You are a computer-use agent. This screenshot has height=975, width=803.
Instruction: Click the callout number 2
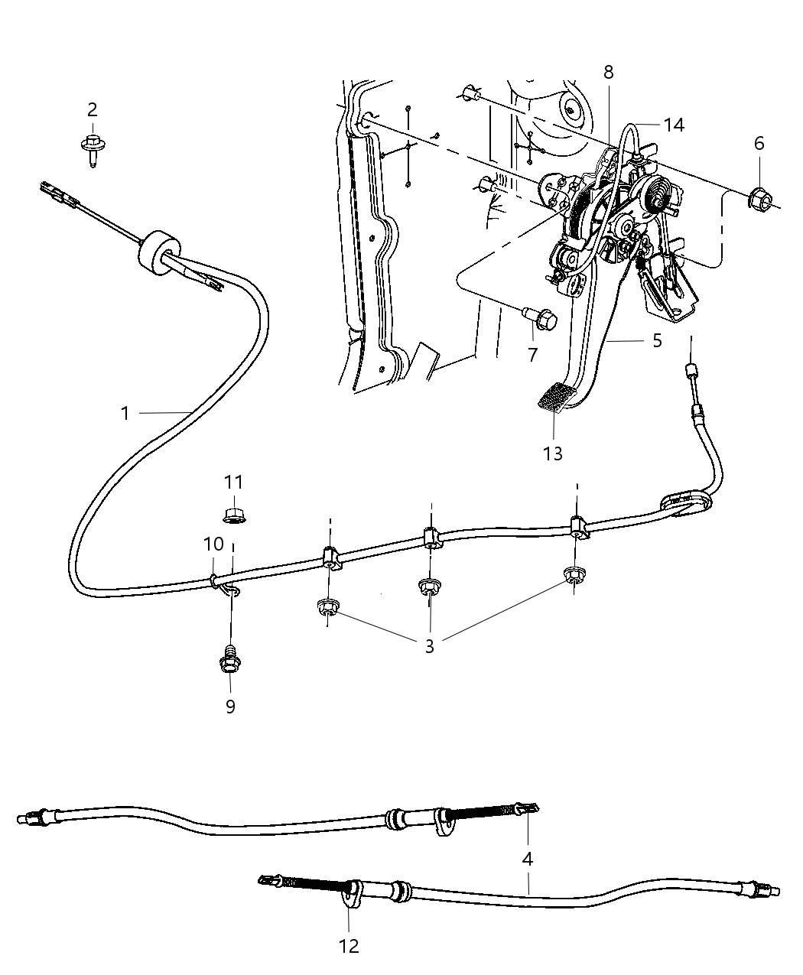click(x=93, y=109)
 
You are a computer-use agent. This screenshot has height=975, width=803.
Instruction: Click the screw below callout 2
click(x=92, y=147)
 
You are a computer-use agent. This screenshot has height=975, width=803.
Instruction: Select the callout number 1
click(x=125, y=414)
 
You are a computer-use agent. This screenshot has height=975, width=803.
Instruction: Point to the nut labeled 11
click(x=232, y=514)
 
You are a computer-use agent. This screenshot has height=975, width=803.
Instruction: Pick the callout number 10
click(x=213, y=544)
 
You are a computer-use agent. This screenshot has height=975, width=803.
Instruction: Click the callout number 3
click(x=429, y=646)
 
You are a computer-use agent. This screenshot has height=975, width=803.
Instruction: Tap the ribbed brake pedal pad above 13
click(x=558, y=398)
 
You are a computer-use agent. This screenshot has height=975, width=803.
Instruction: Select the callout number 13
click(x=552, y=453)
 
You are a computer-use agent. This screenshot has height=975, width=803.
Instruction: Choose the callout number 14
click(x=674, y=125)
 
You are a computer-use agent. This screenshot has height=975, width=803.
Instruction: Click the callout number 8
click(x=608, y=72)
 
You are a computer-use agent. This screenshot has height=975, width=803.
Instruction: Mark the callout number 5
click(x=657, y=340)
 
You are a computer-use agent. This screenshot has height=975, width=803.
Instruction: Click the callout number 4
click(x=527, y=859)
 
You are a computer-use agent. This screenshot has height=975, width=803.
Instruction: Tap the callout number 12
click(x=349, y=946)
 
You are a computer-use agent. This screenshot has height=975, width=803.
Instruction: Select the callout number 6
click(x=759, y=143)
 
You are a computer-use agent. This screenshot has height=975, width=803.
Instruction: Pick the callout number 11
click(x=233, y=482)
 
